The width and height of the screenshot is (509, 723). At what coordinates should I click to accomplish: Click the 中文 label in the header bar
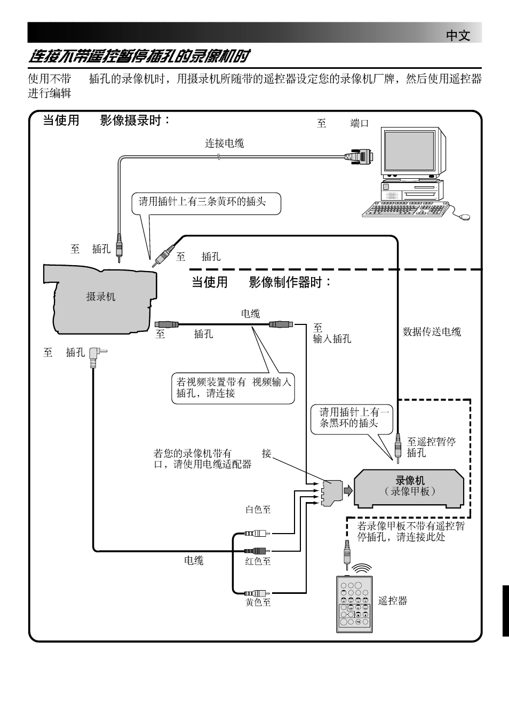click(x=458, y=36)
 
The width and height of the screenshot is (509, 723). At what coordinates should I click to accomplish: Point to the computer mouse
click(x=464, y=217)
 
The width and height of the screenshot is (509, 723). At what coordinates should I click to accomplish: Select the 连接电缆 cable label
click(x=225, y=143)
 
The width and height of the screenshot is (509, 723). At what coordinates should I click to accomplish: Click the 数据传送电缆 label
click(x=432, y=332)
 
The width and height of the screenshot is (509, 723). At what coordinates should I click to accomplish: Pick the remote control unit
click(x=354, y=604)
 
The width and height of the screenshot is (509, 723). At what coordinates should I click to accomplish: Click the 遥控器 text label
click(x=393, y=601)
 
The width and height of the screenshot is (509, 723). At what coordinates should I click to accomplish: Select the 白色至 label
click(x=258, y=510)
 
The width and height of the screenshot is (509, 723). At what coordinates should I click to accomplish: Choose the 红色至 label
click(x=258, y=561)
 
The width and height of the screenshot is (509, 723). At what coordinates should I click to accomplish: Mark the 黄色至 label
click(x=258, y=602)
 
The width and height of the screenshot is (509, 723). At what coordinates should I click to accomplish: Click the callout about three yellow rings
click(x=205, y=203)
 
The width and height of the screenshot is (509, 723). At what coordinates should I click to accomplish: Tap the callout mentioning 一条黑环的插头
click(x=352, y=418)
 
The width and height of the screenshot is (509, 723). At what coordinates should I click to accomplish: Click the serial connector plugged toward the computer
click(x=360, y=156)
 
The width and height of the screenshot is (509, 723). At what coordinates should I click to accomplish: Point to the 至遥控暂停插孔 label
click(x=431, y=447)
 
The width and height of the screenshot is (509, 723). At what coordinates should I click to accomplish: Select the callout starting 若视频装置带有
click(x=233, y=388)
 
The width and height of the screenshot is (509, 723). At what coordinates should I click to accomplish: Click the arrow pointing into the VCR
click(x=348, y=491)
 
